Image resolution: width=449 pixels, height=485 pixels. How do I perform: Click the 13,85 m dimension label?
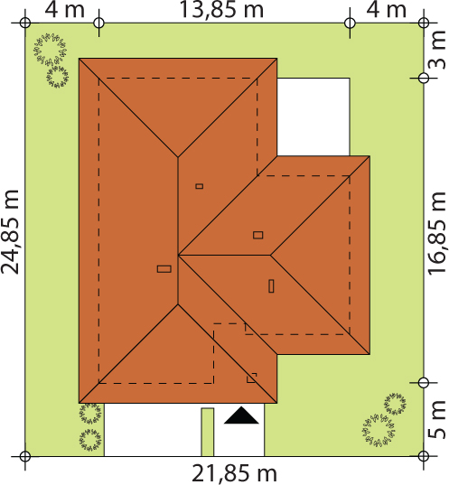(221, 9)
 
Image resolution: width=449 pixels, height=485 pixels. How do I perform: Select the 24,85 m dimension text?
(10, 232)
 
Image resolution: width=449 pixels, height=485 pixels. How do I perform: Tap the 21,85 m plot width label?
(234, 473)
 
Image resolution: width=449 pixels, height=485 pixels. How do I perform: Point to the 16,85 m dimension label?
(437, 234)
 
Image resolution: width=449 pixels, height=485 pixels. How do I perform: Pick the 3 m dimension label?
(437, 54)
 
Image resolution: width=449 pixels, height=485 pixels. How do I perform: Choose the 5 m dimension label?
(437, 420)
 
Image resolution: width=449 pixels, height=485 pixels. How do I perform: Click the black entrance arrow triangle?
(241, 415)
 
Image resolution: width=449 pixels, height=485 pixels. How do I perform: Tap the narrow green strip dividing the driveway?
(207, 432)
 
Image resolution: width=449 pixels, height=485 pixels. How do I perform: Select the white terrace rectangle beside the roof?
(313, 117)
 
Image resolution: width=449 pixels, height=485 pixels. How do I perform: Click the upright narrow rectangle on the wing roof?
(271, 286)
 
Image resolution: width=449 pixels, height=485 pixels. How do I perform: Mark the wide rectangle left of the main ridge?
(164, 269)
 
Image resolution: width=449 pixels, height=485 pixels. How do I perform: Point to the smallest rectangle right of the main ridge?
(200, 186)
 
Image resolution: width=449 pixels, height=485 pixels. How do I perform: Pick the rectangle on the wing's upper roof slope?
(258, 235)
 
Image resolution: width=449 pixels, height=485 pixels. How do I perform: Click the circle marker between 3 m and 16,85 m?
(424, 78)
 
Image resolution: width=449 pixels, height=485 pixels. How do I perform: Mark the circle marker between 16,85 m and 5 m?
(424, 383)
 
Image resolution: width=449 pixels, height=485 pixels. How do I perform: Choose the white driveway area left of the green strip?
(153, 430)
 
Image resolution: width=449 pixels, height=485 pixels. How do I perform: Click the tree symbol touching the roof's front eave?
(89, 413)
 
